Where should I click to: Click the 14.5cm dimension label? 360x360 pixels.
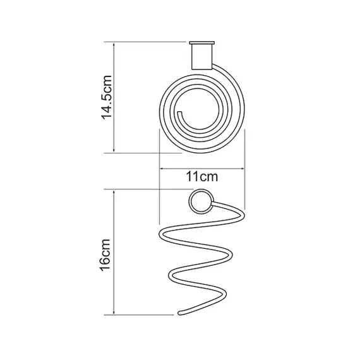pos(107,97)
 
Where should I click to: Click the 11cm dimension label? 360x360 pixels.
pos(202,177)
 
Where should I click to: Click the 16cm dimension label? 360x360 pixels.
pos(105,255)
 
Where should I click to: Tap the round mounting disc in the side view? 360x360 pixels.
pos(201,201)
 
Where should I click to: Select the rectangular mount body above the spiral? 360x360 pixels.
pos(202,57)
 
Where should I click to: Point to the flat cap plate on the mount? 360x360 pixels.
pos(202,43)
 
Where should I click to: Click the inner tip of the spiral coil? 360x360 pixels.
pos(180,112)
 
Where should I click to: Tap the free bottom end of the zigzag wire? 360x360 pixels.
pos(180,313)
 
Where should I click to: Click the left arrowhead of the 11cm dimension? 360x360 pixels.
pos(161,169)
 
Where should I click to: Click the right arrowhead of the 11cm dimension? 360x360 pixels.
pos(243,169)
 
